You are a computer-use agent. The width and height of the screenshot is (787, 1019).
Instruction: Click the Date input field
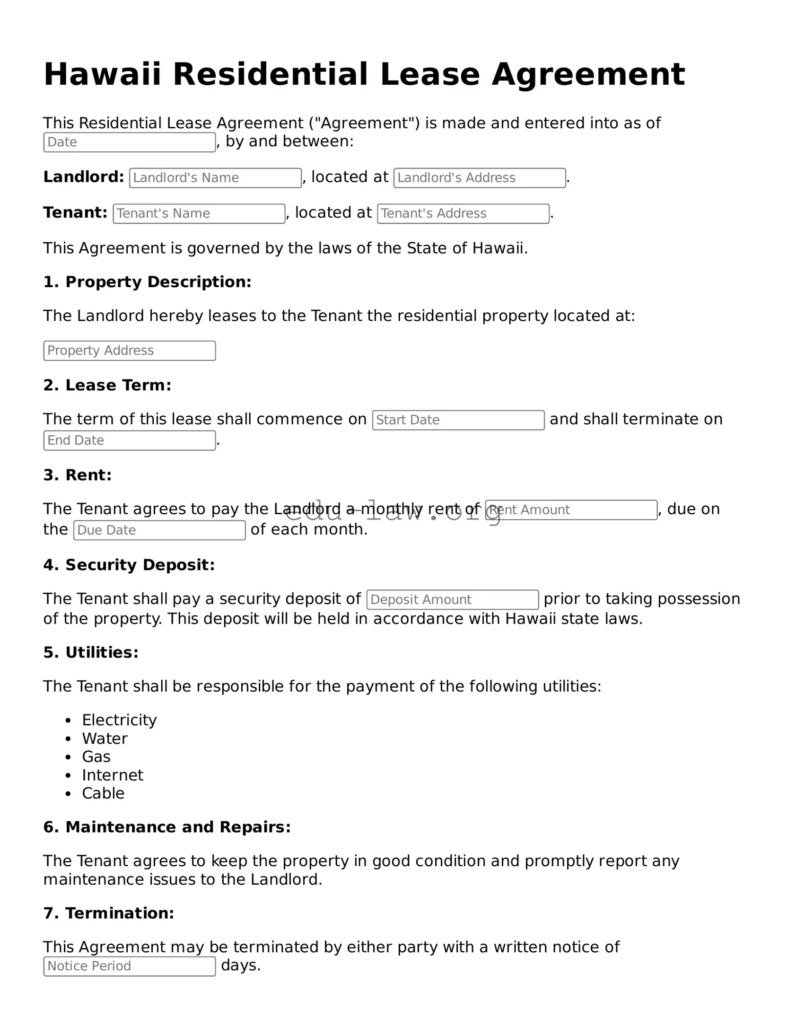tap(129, 142)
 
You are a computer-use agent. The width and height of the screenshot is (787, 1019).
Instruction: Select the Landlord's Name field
tap(215, 178)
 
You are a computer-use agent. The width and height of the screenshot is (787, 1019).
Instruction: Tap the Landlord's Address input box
tap(479, 178)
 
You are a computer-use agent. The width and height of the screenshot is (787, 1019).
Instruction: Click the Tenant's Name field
tap(199, 214)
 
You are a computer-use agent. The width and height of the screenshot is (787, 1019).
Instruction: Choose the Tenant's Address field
tap(463, 214)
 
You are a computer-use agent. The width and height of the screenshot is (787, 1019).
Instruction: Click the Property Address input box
tap(129, 351)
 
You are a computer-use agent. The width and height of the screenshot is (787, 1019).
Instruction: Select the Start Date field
tap(458, 420)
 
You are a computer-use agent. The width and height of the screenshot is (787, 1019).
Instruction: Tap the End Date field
tap(129, 440)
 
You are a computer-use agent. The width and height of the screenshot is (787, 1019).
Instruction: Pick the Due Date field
tap(159, 530)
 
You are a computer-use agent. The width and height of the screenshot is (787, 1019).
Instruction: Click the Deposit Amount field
tap(452, 600)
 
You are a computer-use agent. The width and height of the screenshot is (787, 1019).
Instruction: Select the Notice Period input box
tap(129, 966)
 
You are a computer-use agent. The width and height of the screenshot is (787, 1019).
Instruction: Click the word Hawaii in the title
tap(102, 75)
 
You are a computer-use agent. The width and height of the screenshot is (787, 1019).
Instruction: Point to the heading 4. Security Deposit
tap(129, 565)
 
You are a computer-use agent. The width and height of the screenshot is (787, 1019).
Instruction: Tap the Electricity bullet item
tap(119, 720)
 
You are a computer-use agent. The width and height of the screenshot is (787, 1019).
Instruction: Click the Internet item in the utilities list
tap(112, 775)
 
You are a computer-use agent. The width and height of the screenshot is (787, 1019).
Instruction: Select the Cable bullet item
tap(103, 793)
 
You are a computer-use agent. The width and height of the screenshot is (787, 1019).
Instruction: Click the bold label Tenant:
tap(75, 213)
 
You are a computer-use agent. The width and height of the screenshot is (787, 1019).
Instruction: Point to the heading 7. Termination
tap(108, 913)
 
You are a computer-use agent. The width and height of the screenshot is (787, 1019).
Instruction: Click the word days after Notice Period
tap(240, 965)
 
